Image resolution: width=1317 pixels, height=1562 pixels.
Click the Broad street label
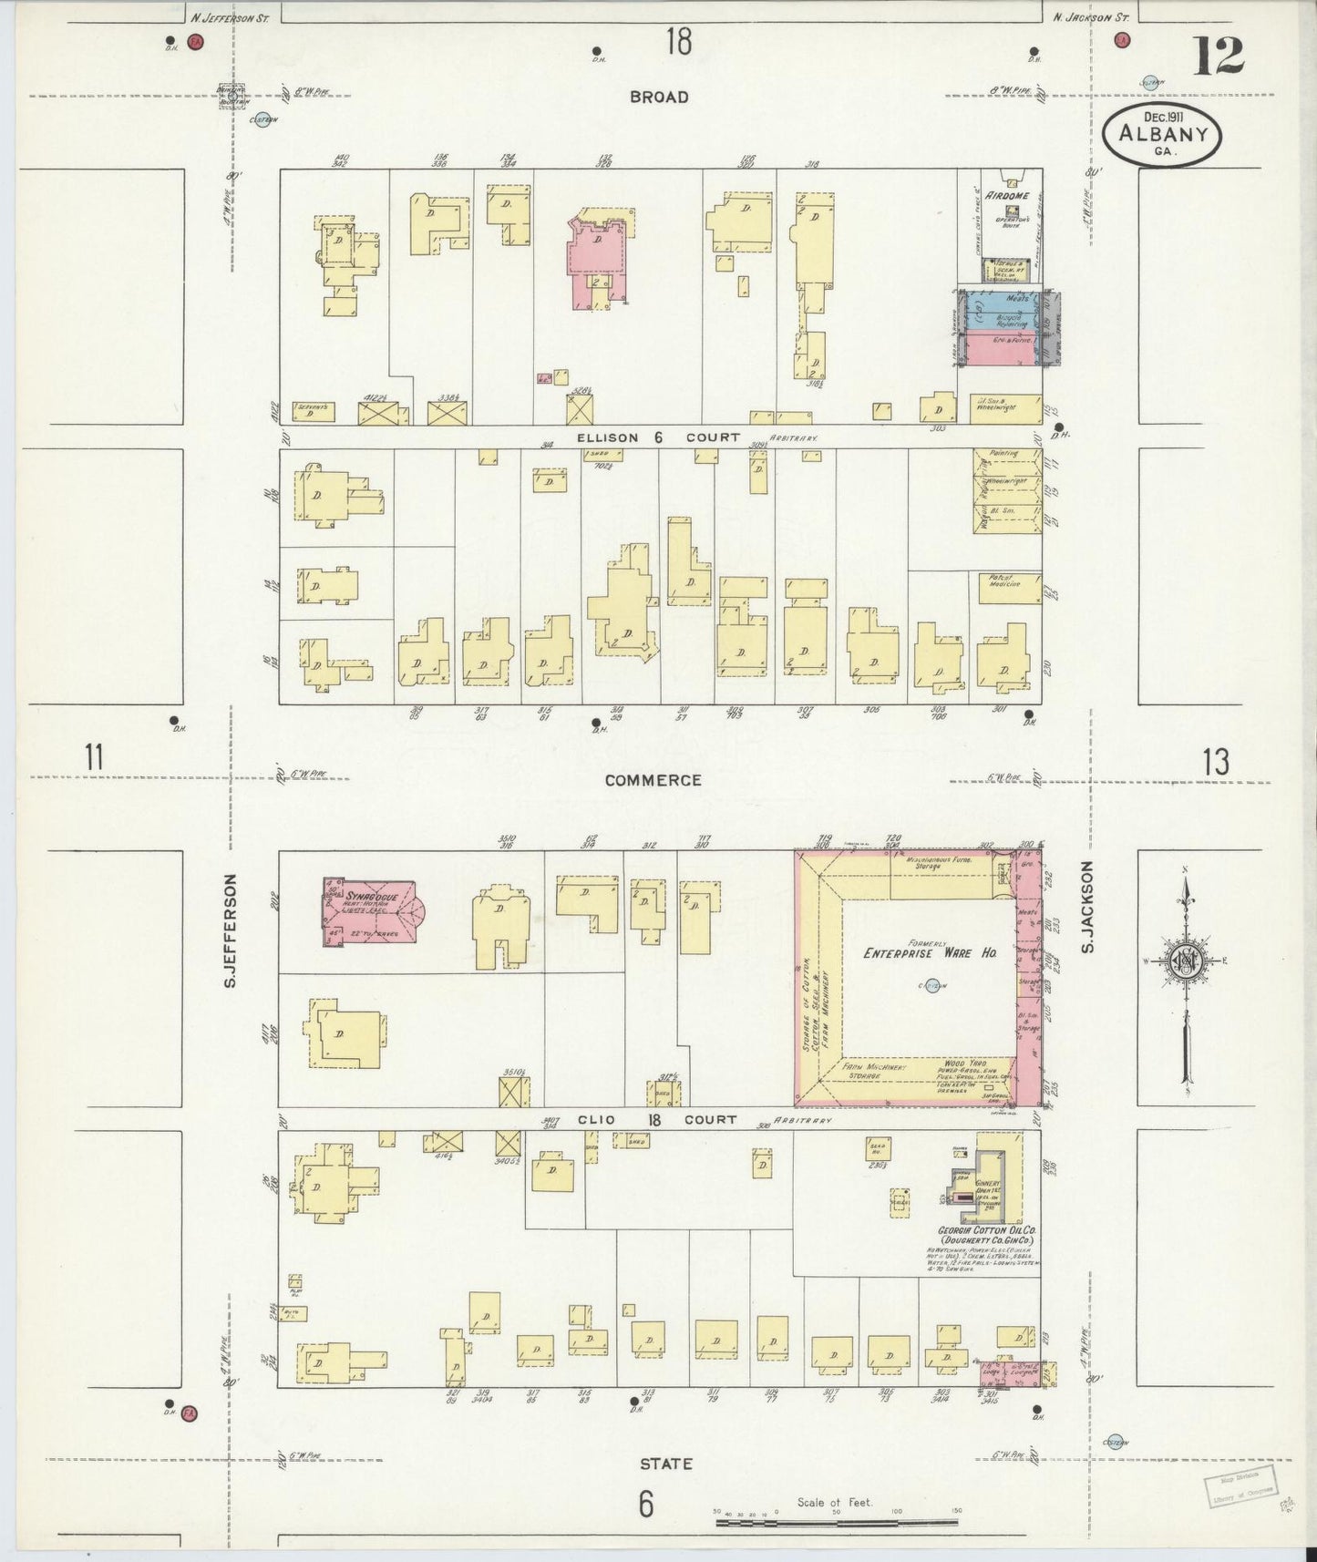[658, 97]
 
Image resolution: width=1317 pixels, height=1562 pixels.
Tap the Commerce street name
[653, 780]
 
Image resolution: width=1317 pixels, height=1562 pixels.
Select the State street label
[665, 1464]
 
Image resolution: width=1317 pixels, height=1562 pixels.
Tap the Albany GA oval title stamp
[1162, 134]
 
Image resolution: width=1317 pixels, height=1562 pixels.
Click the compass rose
[1185, 961]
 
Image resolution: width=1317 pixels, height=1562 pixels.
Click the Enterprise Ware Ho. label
[930, 952]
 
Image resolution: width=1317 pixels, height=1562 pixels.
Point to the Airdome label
[1005, 195]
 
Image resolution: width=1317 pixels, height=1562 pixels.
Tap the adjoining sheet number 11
[93, 758]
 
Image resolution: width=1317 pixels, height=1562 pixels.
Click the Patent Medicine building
[1006, 587]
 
